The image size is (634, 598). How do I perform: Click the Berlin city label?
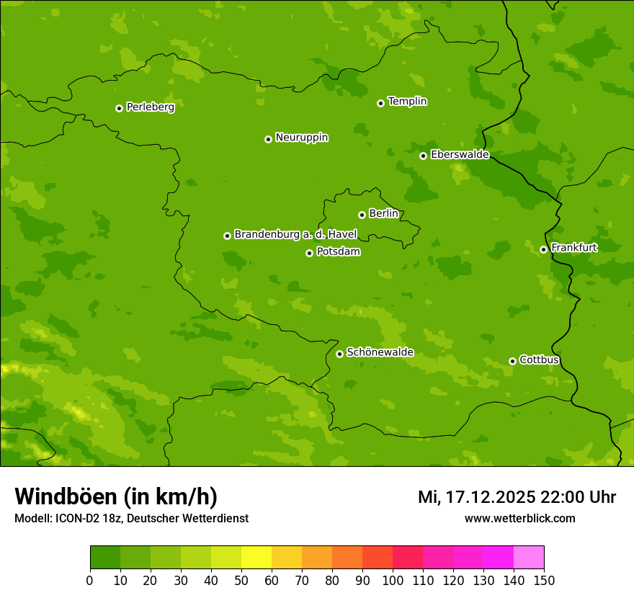tap(383, 214)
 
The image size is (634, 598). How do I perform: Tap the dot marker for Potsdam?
tap(309, 253)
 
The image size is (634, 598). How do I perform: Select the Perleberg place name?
tap(150, 107)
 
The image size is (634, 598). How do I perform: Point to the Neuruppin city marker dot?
tap(268, 139)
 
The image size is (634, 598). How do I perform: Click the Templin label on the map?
tap(407, 102)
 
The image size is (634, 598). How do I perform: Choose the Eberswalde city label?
tap(460, 155)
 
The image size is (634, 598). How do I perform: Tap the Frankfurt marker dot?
tap(543, 250)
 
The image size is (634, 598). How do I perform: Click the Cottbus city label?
tap(539, 360)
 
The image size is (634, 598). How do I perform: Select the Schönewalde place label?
tap(380, 352)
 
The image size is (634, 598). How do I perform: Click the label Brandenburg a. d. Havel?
tap(295, 235)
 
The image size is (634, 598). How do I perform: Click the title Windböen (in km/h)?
tap(116, 496)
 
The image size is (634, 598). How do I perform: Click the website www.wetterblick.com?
tap(519, 518)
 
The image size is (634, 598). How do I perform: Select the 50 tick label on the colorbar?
tap(241, 581)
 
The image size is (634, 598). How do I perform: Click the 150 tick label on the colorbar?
tap(544, 581)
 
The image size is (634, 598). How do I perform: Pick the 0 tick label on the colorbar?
tap(90, 581)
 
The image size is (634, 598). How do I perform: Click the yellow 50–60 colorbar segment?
tap(256, 558)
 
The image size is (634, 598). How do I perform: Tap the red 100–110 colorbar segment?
tap(408, 558)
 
